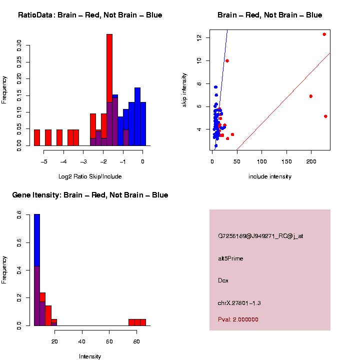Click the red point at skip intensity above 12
coord(324,34)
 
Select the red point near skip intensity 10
coord(227,61)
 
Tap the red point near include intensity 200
coord(311,96)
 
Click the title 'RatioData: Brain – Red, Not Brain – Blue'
coord(90,15)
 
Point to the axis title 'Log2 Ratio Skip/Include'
coord(90,176)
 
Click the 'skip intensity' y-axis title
coord(184,88)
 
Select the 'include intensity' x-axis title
coord(270,176)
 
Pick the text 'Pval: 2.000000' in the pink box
coord(238,319)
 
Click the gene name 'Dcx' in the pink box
coord(223,280)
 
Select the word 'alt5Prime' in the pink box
coord(230,258)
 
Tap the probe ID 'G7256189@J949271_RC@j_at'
coord(260,236)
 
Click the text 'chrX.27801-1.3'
coord(239,303)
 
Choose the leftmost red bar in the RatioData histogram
coord(37,137)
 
